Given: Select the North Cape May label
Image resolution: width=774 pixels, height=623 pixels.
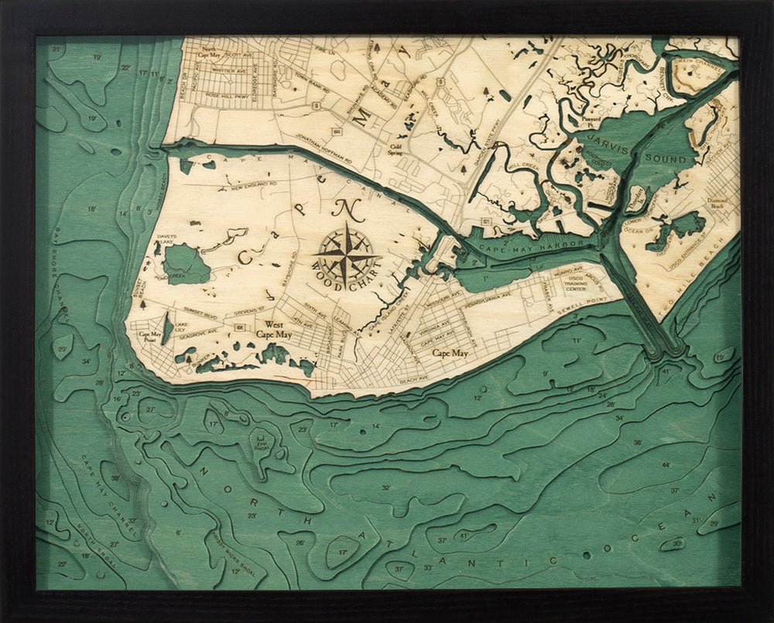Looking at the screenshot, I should pos(207,51).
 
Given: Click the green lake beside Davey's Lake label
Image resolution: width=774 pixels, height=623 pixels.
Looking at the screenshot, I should pos(185,265).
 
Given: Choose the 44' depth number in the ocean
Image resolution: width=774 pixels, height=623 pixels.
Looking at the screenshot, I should pos(665,464).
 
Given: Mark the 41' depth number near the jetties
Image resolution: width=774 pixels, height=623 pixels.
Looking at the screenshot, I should pos(665,372).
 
